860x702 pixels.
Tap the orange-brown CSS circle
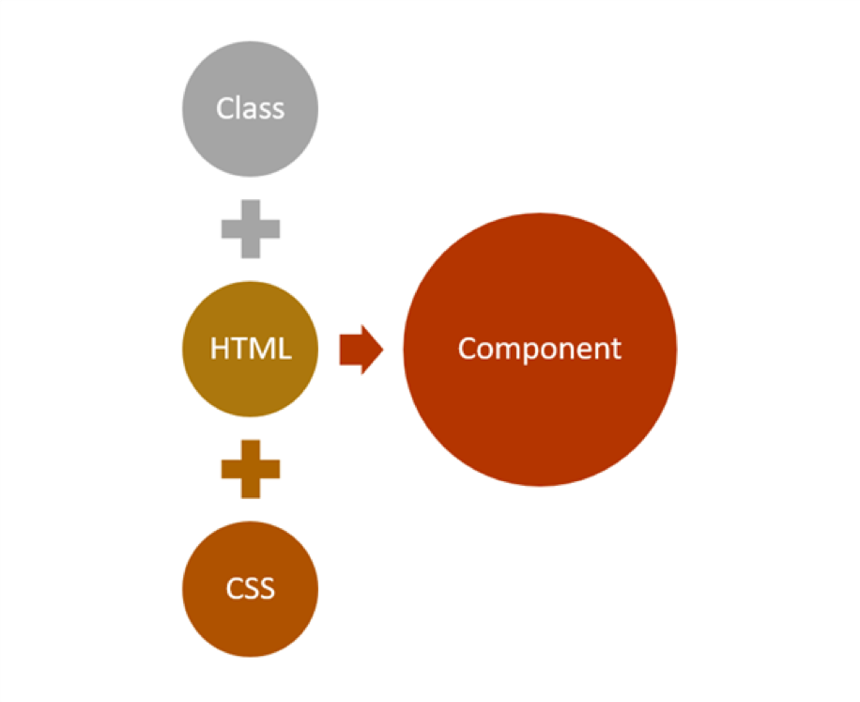point(250,616)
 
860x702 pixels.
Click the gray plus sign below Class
point(250,228)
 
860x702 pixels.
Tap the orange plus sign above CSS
point(250,468)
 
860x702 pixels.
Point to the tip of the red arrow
point(382,349)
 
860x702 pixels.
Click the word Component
point(540,349)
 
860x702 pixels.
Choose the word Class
point(250,109)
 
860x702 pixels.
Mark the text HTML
point(250,349)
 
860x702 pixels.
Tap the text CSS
point(250,589)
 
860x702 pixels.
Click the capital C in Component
point(467,349)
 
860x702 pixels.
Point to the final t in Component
point(616,349)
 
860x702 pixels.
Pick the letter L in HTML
point(284,349)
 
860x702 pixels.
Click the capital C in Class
point(224,109)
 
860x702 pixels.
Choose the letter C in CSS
point(235,589)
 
